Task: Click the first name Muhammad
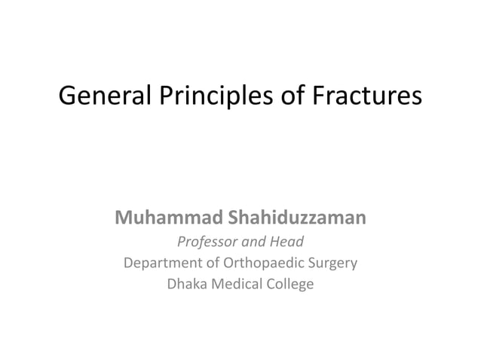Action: (x=165, y=219)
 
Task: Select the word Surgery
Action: (x=332, y=264)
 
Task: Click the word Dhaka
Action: (x=185, y=285)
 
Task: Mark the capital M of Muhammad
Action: (x=124, y=219)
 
